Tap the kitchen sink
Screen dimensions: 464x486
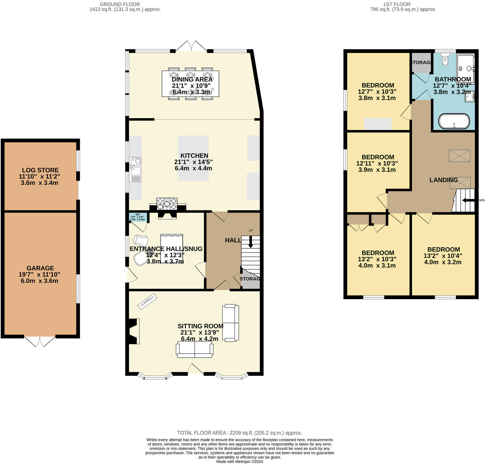(135, 169)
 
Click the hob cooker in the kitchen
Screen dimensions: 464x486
(167, 203)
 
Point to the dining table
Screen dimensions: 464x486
(190, 83)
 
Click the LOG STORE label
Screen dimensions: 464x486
(40, 170)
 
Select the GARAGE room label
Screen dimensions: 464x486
(40, 268)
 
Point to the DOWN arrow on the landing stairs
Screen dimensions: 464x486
(467, 200)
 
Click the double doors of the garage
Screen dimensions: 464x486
(40, 341)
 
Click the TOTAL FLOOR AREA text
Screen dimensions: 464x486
(239, 433)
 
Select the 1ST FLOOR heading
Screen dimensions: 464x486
(397, 4)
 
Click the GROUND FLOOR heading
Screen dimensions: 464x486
(120, 4)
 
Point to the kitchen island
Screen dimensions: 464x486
(193, 158)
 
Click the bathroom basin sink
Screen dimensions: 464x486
(470, 96)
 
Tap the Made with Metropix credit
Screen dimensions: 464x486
(239, 462)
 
